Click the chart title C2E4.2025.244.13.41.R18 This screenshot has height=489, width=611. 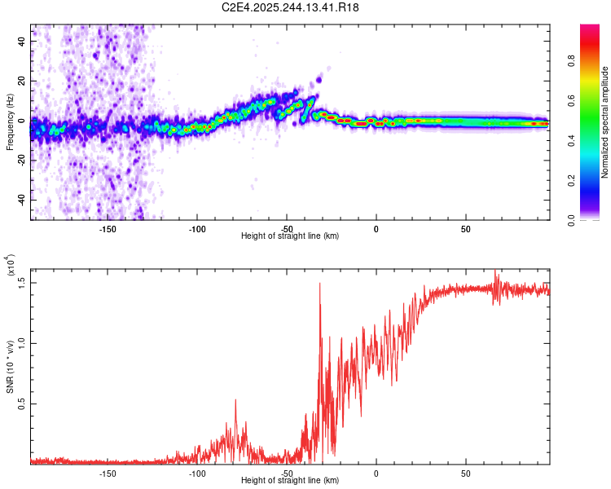(x=291, y=7)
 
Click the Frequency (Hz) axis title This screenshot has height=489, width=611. (x=10, y=121)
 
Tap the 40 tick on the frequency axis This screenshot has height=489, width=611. (x=23, y=41)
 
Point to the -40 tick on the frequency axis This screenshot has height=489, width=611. (x=21, y=200)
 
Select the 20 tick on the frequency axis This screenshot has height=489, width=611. (x=23, y=81)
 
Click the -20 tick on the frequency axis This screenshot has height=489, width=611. (x=21, y=161)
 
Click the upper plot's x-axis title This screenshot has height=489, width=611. (x=290, y=236)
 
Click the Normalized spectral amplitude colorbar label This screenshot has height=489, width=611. (x=605, y=123)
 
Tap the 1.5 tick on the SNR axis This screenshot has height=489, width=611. (x=22, y=282)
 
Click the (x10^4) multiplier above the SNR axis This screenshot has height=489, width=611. (x=10, y=266)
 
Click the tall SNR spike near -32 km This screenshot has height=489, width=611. (x=319, y=284)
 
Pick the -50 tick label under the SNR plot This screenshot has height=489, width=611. (x=286, y=473)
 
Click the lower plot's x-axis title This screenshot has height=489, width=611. (x=290, y=480)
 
